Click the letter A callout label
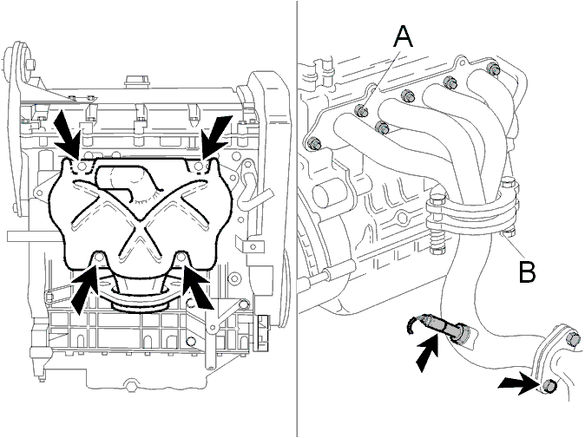pos(404,37)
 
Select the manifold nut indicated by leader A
pos(361,110)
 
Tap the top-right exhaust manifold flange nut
pos(494,69)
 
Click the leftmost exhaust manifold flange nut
pos(312,143)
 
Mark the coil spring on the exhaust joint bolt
pos(436,239)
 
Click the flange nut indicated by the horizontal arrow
pos(548,385)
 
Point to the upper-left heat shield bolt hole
pos(82,166)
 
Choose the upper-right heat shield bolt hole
pos(200,166)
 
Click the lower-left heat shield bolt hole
pos(99,257)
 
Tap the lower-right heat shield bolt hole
pos(181,257)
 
